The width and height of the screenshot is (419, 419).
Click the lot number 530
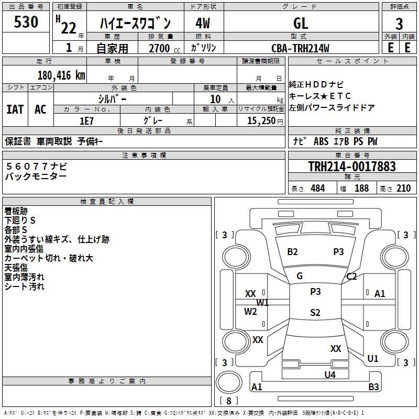tap(26, 23)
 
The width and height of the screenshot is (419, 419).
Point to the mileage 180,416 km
tap(61, 75)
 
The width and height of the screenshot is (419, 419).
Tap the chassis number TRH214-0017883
tap(352, 167)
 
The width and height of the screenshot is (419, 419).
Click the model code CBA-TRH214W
tap(301, 48)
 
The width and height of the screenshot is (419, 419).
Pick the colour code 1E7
tap(86, 121)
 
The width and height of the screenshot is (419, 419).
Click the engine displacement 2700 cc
tap(159, 48)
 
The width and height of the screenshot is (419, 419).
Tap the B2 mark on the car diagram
tap(292, 252)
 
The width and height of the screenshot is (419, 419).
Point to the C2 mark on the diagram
tap(351, 277)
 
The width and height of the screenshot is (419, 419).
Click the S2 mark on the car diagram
tap(315, 313)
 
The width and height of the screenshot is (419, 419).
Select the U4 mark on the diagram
tap(329, 374)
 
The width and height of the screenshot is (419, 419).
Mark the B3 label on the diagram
tap(373, 387)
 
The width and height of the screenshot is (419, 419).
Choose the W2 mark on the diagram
tap(251, 312)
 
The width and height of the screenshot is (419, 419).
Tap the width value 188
tap(361, 189)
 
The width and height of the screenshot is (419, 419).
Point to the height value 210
tap(403, 189)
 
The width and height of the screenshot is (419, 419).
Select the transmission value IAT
tap(15, 109)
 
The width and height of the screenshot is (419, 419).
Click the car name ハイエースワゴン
tap(135, 23)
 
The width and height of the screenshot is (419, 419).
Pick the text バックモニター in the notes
tap(36, 177)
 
